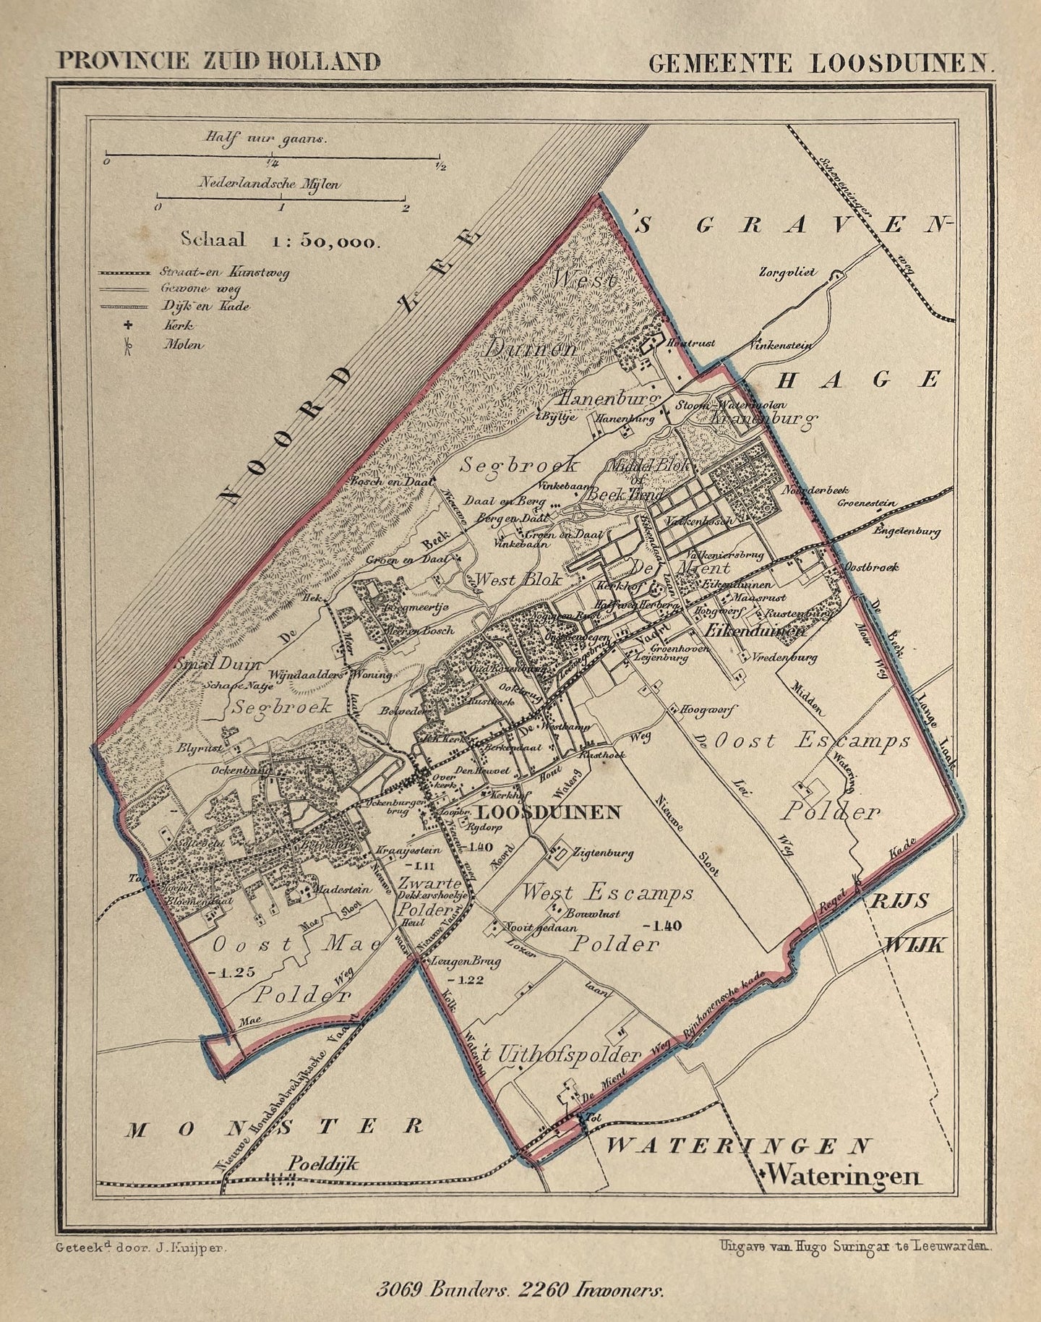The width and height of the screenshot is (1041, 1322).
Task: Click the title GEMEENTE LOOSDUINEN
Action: pyautogui.click(x=821, y=63)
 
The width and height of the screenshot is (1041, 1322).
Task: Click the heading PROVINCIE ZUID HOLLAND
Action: pyautogui.click(x=218, y=61)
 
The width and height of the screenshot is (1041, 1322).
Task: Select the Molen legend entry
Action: pyautogui.click(x=182, y=345)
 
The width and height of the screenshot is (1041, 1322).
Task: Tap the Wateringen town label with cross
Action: pyautogui.click(x=841, y=1175)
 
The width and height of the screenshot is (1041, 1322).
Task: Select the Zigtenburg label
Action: pyautogui.click(x=602, y=853)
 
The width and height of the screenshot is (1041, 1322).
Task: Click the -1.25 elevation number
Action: pyautogui.click(x=231, y=971)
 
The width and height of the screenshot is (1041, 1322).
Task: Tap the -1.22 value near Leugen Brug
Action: pyautogui.click(x=465, y=979)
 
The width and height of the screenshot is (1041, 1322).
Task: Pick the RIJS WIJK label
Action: pyautogui.click(x=909, y=921)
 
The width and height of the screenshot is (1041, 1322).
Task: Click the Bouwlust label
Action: pyautogui.click(x=593, y=913)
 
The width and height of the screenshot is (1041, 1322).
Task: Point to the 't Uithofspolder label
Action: pyautogui.click(x=562, y=1055)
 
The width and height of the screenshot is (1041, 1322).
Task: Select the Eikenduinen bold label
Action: pyautogui.click(x=754, y=631)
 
